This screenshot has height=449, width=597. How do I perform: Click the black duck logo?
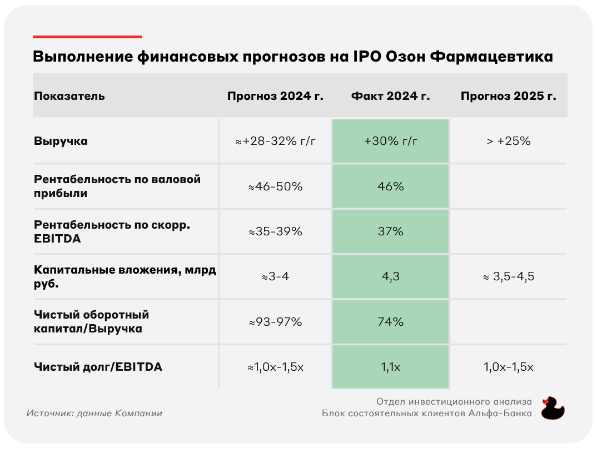click(553, 408)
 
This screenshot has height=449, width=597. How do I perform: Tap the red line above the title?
click(88, 37)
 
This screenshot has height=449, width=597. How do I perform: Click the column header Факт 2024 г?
click(390, 96)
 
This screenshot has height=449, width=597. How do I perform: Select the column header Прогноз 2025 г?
click(508, 96)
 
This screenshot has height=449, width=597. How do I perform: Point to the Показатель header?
click(69, 96)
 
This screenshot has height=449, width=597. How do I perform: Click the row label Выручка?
click(61, 141)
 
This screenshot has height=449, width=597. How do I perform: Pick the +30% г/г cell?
click(391, 141)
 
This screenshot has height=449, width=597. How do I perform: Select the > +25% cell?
click(508, 141)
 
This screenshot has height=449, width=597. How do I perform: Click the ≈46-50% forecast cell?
click(275, 186)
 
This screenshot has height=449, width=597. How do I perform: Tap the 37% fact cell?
click(391, 231)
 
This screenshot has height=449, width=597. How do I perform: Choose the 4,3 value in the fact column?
click(391, 276)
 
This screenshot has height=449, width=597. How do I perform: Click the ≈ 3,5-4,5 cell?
click(508, 276)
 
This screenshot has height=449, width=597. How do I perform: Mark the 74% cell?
click(391, 322)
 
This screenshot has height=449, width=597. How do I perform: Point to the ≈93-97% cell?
click(275, 322)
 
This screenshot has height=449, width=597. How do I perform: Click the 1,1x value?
click(391, 367)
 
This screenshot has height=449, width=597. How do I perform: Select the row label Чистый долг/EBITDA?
click(98, 367)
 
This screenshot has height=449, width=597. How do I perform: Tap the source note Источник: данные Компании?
click(94, 413)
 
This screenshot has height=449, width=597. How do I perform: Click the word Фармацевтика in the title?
click(491, 56)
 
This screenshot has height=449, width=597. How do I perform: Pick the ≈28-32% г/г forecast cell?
click(275, 141)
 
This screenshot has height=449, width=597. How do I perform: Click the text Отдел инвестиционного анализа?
click(454, 401)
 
